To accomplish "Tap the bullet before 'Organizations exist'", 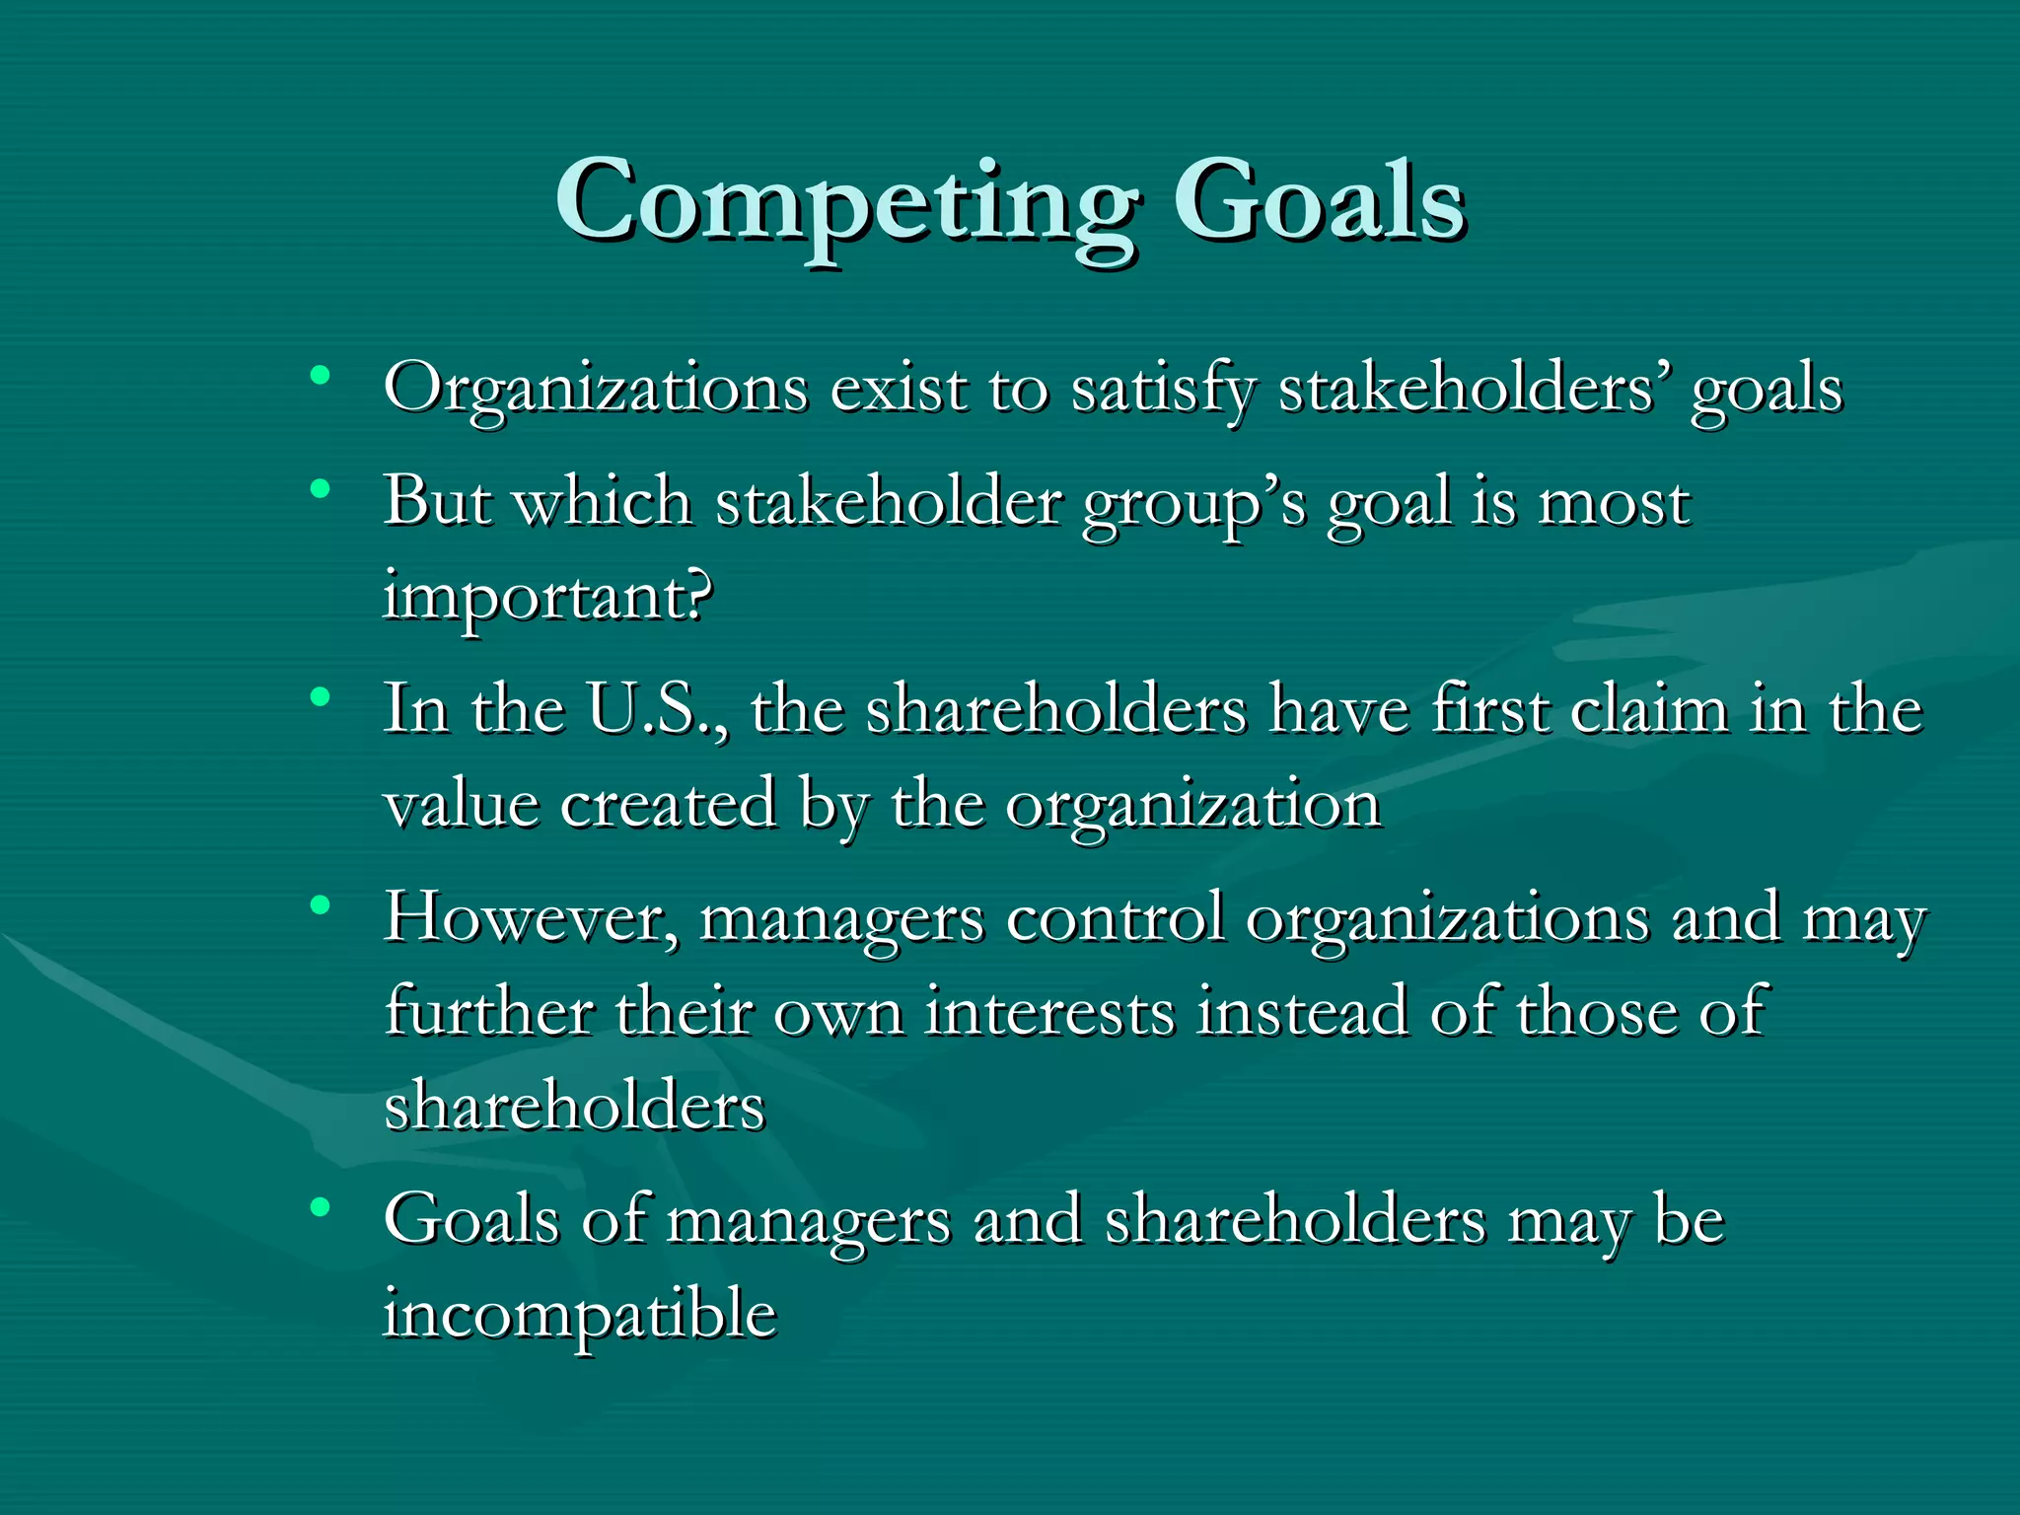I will click(x=319, y=376).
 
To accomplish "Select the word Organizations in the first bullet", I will click(x=596, y=388).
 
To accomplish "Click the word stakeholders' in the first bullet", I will click(x=1475, y=388).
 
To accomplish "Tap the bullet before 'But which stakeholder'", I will click(x=319, y=488).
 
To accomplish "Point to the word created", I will click(x=669, y=804).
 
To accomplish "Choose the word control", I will click(x=1115, y=917).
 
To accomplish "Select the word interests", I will click(x=1049, y=1012).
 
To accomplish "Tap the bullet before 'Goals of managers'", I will click(x=319, y=1206).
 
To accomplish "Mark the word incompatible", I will click(x=580, y=1315).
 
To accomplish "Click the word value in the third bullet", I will click(x=462, y=804).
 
